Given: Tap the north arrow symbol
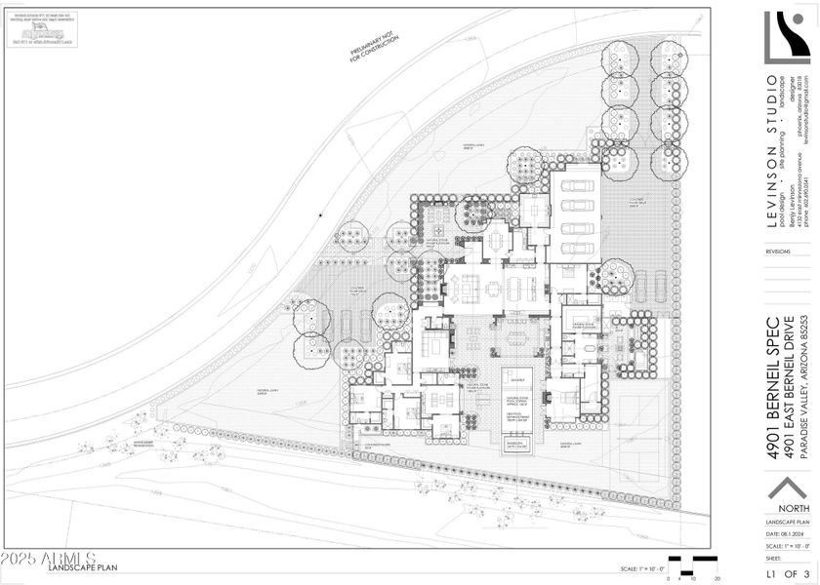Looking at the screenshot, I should coord(787,487).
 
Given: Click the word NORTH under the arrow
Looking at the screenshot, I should coord(787,508).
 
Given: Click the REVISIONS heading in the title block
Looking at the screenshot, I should coord(778,251).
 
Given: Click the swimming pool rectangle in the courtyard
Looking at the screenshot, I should coord(516,409).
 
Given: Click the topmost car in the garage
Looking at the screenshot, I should coord(578,185).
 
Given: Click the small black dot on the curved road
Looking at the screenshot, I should coord(320,214).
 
